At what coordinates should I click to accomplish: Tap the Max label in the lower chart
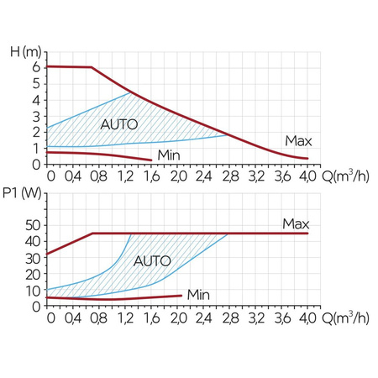click(296, 224)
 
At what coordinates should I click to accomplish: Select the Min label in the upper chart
click(169, 155)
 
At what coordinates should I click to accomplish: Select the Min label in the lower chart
click(198, 294)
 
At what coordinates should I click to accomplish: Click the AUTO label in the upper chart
click(118, 124)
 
